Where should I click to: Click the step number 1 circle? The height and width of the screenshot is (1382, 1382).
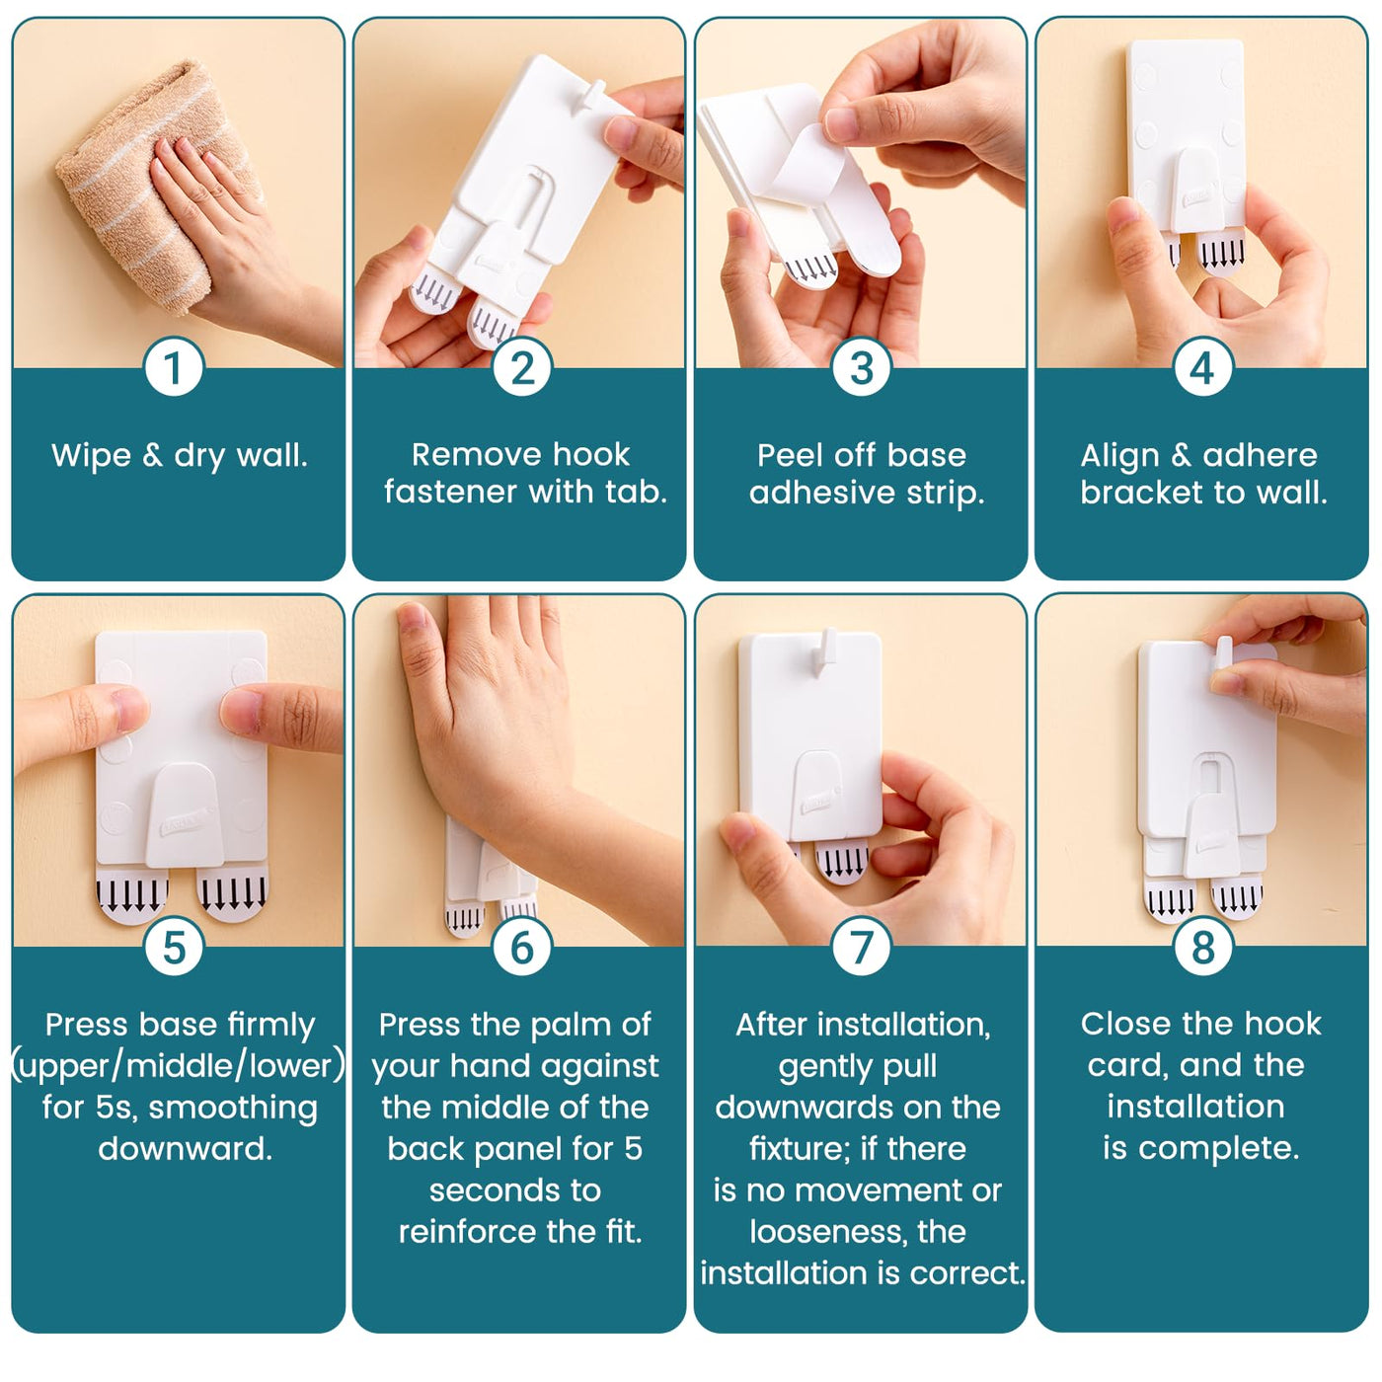tap(174, 366)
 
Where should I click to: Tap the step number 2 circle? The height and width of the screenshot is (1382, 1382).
tap(522, 366)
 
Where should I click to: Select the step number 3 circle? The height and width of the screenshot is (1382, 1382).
tap(862, 366)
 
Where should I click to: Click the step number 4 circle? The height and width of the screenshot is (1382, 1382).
tap(1202, 366)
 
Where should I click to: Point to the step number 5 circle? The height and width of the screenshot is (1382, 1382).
tap(174, 946)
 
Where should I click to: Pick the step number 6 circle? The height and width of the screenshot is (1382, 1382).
tap(522, 946)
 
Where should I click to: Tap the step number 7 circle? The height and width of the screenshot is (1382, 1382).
tap(862, 946)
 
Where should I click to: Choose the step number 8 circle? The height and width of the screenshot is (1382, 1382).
tap(1202, 946)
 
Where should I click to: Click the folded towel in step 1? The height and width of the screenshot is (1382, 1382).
tap(154, 187)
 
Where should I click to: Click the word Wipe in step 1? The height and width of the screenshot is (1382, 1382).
tap(91, 455)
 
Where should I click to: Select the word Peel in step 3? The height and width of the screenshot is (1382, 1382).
tap(789, 455)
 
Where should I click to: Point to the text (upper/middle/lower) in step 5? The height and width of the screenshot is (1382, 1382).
tap(179, 1066)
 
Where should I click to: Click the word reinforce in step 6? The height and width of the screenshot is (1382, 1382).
tap(468, 1231)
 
